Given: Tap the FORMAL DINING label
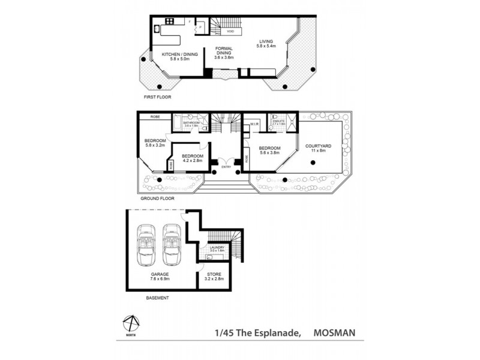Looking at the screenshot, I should coord(224,54).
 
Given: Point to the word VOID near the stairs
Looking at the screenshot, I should coord(230,31).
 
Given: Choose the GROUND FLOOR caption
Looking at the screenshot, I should coord(157,197).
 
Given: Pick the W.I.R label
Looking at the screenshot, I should coord(254,125).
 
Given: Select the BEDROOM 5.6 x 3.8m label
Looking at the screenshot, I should coord(270,150).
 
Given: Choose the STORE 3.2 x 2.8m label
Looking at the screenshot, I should coord(214,277).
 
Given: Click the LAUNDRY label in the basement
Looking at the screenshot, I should coord(217,248).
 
